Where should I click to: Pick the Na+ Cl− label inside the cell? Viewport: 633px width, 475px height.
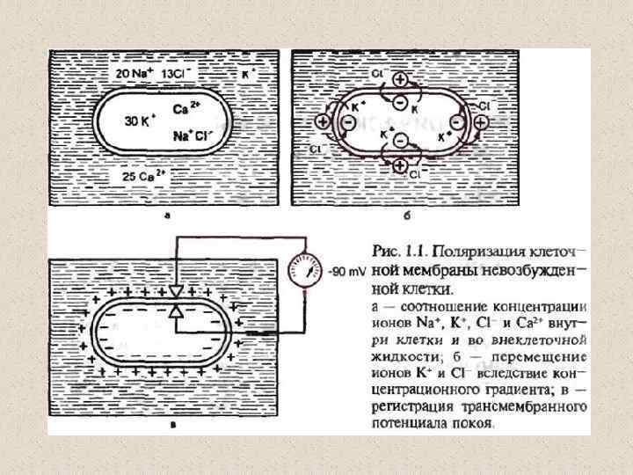[192, 135]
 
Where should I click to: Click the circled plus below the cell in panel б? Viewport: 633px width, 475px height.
[400, 164]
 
